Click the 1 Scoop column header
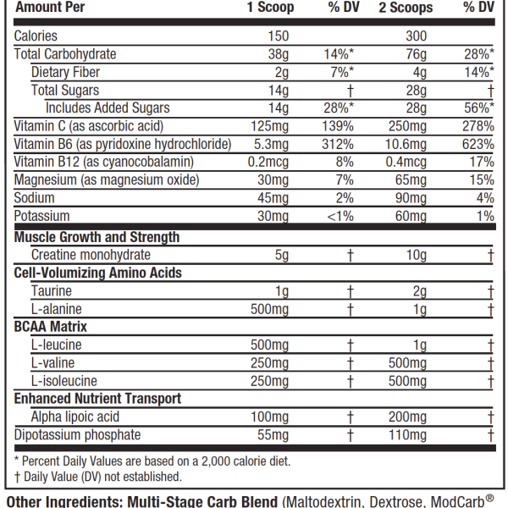(x=270, y=8)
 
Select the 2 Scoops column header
(x=406, y=8)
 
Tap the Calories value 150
(x=277, y=36)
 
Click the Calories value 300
(x=416, y=36)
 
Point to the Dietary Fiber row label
(x=65, y=72)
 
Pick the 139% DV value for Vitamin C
(x=339, y=126)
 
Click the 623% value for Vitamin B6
(x=478, y=144)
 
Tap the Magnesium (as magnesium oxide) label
(x=107, y=179)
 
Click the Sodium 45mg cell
(x=274, y=198)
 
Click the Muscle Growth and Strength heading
(x=97, y=237)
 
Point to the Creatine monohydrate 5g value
(x=281, y=255)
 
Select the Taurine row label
(x=51, y=291)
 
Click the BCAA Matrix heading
(x=51, y=326)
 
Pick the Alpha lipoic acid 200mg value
(x=407, y=417)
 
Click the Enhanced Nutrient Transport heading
(x=97, y=398)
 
